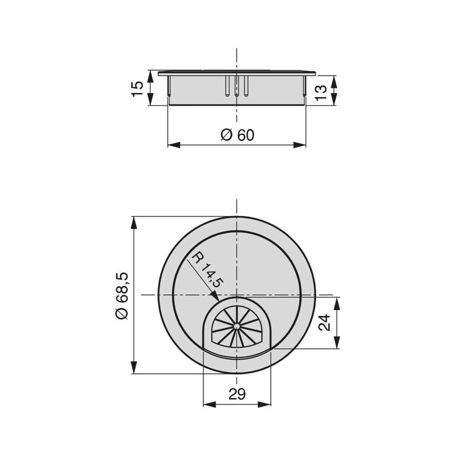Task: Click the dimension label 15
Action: point(138,88)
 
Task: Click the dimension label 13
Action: point(322,91)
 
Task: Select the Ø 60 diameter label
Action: point(237,134)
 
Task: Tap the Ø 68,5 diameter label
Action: point(121,295)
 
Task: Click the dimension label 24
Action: point(325,322)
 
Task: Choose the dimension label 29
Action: point(237,394)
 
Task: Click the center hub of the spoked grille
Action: point(236,327)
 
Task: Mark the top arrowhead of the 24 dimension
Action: point(337,303)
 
